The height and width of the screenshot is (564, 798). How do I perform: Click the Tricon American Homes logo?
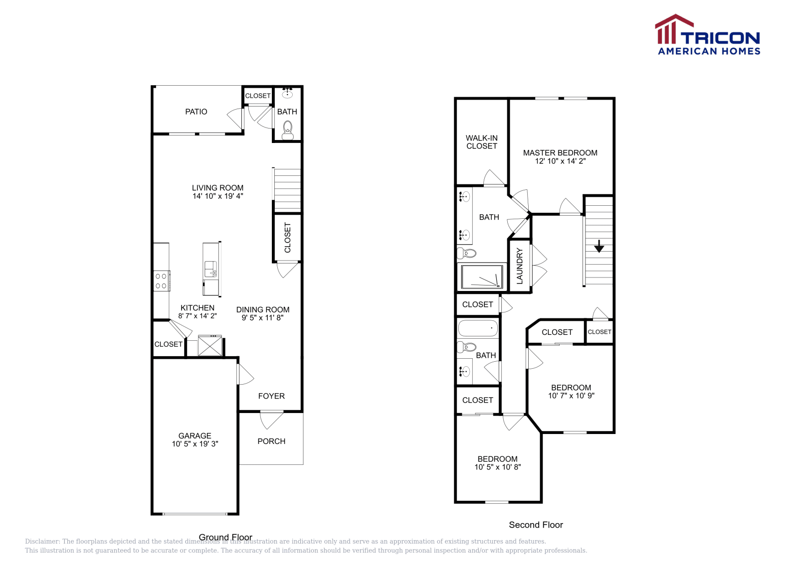click(707, 35)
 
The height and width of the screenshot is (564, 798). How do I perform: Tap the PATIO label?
click(196, 112)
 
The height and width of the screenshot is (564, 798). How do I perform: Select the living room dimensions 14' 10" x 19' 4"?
click(218, 196)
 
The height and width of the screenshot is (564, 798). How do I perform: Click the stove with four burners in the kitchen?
click(161, 281)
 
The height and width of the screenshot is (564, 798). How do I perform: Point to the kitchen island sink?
click(210, 269)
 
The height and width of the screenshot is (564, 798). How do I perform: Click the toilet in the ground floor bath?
click(288, 131)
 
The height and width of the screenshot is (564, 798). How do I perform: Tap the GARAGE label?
click(195, 435)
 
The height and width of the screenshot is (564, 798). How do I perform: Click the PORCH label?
click(271, 441)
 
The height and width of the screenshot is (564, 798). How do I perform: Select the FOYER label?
click(271, 396)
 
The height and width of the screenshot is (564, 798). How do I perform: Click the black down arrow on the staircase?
click(599, 246)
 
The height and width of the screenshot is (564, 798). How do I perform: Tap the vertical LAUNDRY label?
click(520, 266)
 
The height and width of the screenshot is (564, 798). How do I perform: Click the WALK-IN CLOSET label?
click(482, 142)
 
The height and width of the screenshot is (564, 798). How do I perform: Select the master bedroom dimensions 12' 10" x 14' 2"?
click(560, 161)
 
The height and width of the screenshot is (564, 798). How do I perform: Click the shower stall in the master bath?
click(482, 277)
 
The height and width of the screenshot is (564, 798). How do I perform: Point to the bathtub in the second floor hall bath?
click(478, 328)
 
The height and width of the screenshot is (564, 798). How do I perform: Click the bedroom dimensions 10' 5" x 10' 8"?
click(497, 467)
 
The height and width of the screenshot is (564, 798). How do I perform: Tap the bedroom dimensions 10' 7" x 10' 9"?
click(571, 396)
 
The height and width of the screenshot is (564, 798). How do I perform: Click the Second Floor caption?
click(536, 525)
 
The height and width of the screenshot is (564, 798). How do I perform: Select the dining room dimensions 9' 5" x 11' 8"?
click(262, 317)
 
